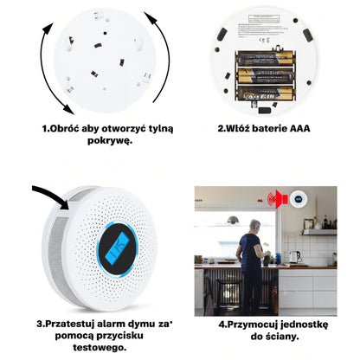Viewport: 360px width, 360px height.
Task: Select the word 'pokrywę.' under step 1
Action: [x=110, y=141]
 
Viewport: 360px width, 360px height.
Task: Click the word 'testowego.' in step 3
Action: [x=100, y=347]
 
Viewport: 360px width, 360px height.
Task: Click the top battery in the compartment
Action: [x=266, y=58]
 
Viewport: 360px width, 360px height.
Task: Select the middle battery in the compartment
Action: [x=266, y=76]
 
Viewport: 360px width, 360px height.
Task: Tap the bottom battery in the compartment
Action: [x=266, y=93]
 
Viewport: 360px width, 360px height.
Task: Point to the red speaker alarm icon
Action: [x=278, y=199]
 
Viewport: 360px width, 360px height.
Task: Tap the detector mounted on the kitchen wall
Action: [x=299, y=199]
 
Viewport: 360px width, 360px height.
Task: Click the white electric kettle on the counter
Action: [x=294, y=257]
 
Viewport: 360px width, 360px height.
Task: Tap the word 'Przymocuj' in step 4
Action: [x=253, y=325]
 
